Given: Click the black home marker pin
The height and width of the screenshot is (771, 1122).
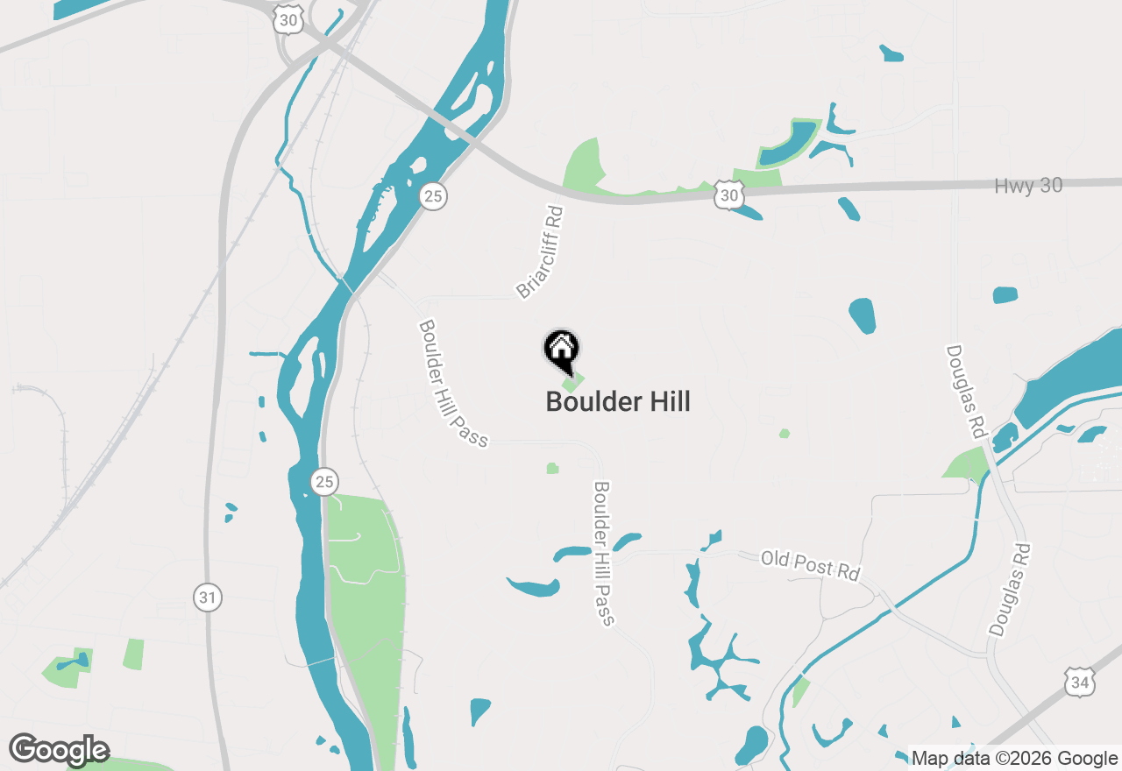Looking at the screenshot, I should pos(562,350).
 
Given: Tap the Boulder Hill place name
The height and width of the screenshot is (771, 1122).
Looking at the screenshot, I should pos(618,402).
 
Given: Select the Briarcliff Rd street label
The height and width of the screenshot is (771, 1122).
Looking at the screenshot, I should pos(538,252).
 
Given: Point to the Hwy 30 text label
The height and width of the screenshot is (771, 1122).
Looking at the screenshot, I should pos(1028,186).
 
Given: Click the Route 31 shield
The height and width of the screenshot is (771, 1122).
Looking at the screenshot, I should pos(207,598).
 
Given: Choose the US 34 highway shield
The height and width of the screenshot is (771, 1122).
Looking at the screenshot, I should pos(1081,681).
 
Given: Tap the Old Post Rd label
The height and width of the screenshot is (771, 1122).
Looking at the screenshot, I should pos(809,565).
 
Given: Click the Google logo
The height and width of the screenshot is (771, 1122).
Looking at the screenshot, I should pos(59,750).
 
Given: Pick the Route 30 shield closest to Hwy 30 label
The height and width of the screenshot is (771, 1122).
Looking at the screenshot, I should pos(728,195).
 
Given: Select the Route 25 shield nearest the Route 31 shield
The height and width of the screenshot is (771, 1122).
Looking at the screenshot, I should pos(324,481).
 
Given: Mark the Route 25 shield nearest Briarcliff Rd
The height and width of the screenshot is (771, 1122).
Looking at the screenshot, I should pos(432,196).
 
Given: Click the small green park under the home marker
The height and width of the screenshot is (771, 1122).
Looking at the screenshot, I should pos(572,382).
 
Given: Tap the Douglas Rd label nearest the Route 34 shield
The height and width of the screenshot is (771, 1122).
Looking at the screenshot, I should pos(1010,589).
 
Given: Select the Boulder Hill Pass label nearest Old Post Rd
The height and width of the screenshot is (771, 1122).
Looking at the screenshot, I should pos(603,554).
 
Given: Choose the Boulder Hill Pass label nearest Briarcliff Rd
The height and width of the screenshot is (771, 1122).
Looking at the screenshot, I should pos(452,384).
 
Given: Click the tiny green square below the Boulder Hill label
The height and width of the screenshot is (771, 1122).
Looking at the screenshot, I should pos(552,469).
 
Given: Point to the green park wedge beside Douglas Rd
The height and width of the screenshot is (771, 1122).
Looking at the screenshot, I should pos(969,463).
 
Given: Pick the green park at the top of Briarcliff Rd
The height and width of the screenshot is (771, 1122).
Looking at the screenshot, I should pos(584,166).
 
